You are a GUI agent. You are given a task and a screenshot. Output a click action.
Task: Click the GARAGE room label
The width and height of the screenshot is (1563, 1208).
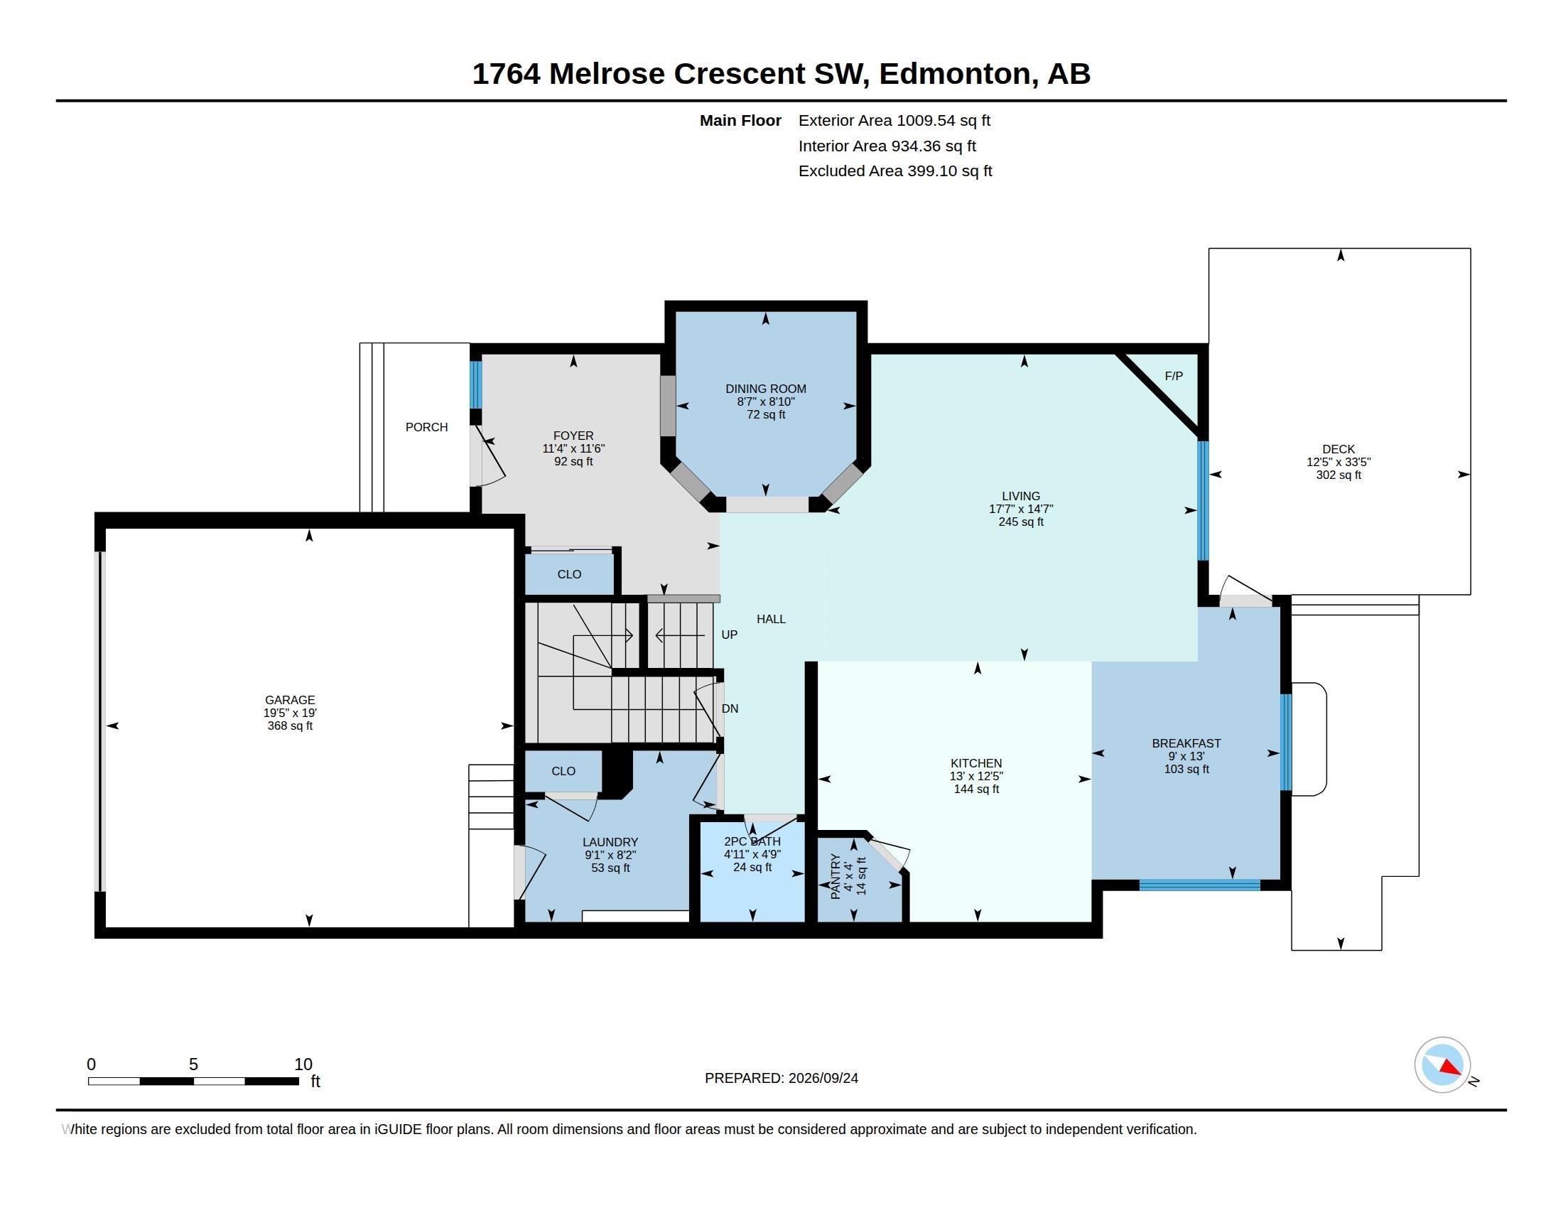point(290,700)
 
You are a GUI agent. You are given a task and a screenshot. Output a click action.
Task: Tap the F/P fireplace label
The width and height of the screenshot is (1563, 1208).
point(1174,376)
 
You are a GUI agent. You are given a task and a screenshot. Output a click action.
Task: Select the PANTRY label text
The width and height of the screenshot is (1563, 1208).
point(835,877)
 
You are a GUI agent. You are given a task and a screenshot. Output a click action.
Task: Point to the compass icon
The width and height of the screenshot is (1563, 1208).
point(1442,1064)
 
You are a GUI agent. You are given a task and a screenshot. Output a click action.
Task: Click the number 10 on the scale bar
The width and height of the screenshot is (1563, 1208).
point(303,1064)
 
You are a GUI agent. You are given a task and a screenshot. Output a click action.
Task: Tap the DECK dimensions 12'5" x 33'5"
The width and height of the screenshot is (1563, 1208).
point(1338,463)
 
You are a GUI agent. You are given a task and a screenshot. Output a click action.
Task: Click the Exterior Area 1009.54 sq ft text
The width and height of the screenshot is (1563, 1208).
point(894,120)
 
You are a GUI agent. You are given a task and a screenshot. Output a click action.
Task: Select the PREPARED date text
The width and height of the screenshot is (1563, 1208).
point(781,1078)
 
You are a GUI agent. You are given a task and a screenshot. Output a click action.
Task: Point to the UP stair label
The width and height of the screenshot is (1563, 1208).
point(729,635)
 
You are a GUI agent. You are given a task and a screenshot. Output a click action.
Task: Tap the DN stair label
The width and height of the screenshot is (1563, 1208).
point(730,708)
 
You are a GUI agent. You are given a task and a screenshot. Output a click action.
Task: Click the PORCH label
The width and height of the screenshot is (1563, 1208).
point(426,427)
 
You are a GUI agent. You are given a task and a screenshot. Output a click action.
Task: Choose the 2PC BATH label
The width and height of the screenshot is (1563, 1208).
point(752,841)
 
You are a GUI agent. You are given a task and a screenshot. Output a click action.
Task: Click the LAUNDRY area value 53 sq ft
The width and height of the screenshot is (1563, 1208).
point(610,868)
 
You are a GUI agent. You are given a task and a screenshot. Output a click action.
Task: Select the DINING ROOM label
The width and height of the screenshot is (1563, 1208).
point(766,389)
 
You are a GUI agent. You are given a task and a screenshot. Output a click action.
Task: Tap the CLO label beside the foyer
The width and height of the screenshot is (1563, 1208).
point(570,574)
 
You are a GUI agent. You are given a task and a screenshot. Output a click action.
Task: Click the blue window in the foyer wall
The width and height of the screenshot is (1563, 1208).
point(476,384)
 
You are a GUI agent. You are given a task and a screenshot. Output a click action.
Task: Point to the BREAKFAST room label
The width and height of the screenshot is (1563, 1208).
point(1186,743)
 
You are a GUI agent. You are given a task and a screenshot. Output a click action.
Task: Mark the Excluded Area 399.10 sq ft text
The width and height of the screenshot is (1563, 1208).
point(895,171)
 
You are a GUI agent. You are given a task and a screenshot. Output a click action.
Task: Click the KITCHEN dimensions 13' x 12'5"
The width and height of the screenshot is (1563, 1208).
point(976,776)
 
